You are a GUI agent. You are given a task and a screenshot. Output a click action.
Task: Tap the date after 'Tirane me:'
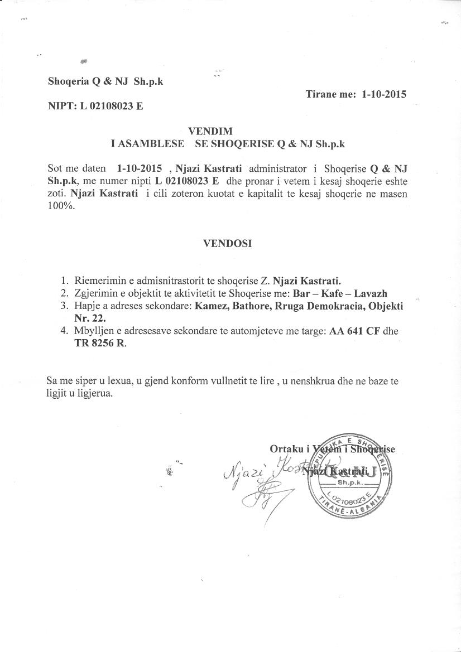point(384,94)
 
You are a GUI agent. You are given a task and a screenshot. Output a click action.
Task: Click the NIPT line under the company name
point(95,105)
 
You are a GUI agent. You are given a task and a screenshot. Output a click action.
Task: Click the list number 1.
point(65,281)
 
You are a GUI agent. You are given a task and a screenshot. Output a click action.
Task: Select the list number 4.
point(65,331)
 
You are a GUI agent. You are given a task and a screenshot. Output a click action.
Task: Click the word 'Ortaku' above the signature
point(287,449)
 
